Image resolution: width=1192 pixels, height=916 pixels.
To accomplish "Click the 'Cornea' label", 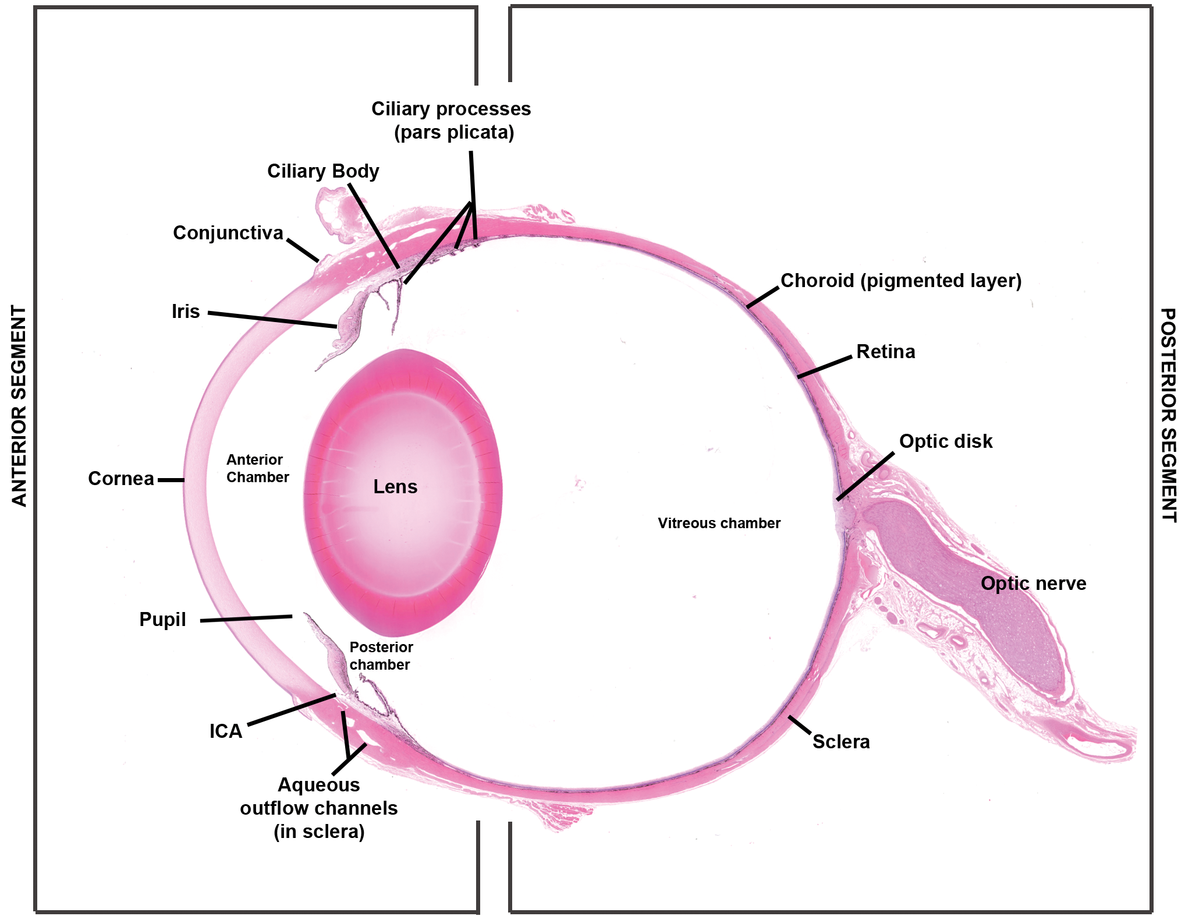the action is (x=121, y=479).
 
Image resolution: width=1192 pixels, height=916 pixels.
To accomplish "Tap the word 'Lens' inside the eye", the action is (x=395, y=487).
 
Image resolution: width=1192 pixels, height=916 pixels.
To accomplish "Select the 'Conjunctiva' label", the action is (x=228, y=233).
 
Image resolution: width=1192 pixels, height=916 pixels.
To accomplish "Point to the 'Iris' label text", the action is (x=186, y=312).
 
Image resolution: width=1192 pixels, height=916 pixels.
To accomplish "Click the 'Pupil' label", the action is (x=162, y=620).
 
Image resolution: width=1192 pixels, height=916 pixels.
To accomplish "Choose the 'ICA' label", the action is (x=226, y=731).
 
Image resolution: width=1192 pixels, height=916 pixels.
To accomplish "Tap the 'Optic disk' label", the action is (x=946, y=441).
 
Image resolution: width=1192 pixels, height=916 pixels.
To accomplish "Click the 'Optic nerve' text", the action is (x=1034, y=583).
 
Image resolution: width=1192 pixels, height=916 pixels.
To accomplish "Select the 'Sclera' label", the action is (x=841, y=742).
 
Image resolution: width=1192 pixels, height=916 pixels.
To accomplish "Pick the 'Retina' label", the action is (x=886, y=352).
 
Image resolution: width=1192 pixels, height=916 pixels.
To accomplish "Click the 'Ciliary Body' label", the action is (x=323, y=171).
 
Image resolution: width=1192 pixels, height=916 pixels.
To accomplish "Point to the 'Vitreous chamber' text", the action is (x=719, y=523).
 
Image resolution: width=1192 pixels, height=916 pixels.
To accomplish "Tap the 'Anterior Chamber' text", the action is (x=257, y=469).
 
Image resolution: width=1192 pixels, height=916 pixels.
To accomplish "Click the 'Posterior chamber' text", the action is (x=381, y=656).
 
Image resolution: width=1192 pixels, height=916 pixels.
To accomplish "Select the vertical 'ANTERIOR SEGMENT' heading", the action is (x=19, y=406).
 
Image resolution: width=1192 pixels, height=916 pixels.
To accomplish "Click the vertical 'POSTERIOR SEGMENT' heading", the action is (x=1168, y=415).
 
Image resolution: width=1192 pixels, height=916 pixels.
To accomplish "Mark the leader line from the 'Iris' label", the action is (x=272, y=320).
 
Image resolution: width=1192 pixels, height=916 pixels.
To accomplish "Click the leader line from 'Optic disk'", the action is (x=865, y=476).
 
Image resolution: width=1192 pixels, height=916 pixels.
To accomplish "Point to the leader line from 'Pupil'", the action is (x=246, y=618).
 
